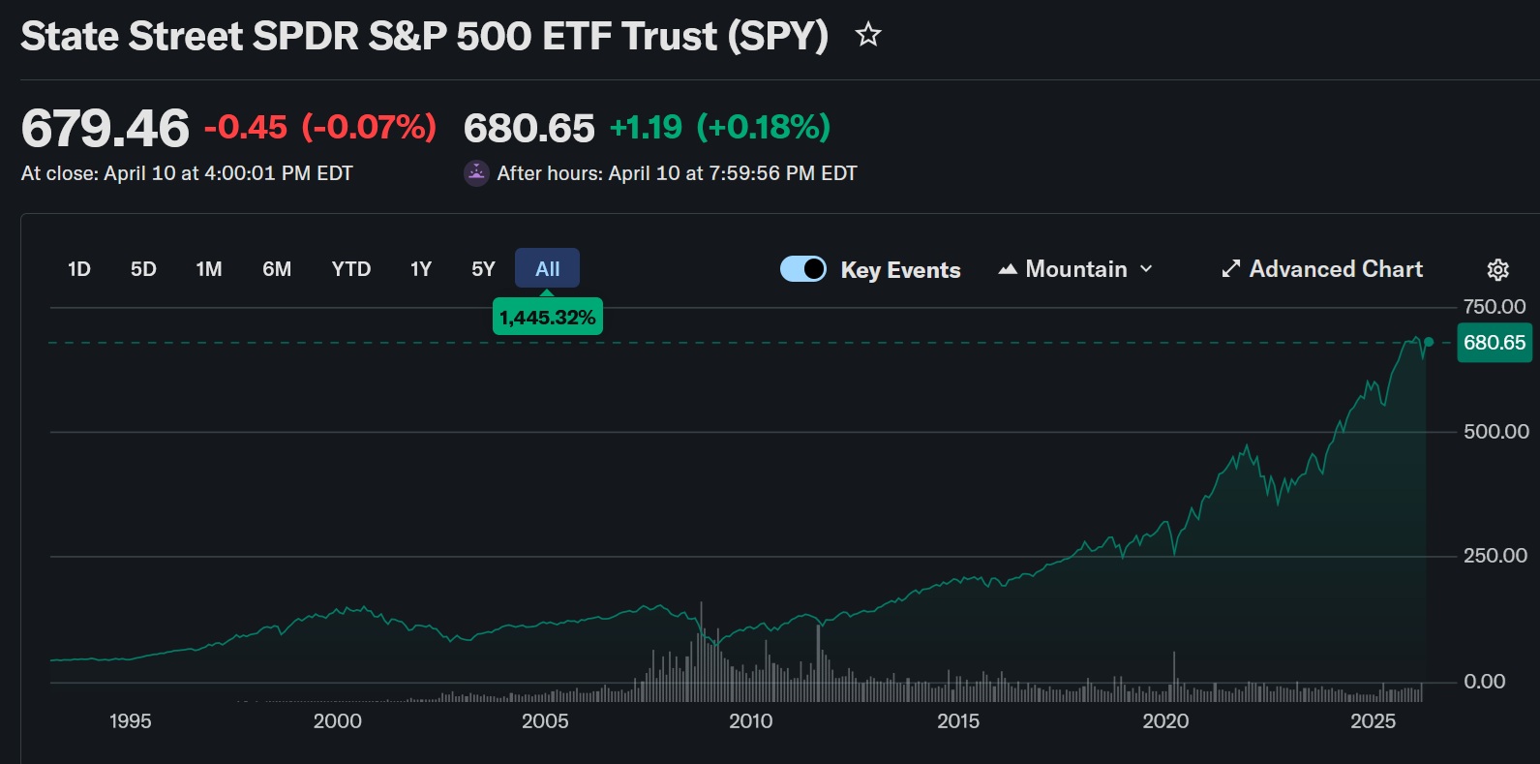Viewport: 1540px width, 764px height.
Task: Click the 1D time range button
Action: point(79,269)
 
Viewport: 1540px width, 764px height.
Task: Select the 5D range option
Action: point(143,269)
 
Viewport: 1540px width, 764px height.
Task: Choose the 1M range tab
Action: point(209,269)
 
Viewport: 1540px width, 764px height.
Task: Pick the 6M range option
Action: point(277,269)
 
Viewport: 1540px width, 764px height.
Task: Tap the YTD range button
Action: point(351,269)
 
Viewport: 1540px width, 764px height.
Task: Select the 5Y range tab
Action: point(483,269)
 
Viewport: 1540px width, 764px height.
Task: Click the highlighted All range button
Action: point(547,269)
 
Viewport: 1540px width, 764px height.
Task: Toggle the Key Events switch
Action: point(803,269)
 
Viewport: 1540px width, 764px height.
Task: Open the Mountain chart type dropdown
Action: point(1075,269)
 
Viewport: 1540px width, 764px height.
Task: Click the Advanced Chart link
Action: point(1322,269)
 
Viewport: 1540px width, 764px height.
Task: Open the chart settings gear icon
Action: point(1497,269)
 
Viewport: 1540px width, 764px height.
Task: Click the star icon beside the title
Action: point(868,36)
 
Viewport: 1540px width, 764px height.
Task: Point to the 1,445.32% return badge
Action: point(547,318)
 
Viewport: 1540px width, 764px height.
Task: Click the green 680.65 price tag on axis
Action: point(1494,343)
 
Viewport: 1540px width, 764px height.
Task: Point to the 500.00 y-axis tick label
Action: point(1495,432)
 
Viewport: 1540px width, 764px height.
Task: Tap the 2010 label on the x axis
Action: point(751,721)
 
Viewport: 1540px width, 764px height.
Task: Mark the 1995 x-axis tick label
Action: point(131,721)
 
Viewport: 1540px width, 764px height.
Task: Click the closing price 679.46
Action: point(106,129)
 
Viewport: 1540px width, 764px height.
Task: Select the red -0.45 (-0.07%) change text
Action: point(320,127)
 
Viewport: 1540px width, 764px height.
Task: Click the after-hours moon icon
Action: point(476,173)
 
